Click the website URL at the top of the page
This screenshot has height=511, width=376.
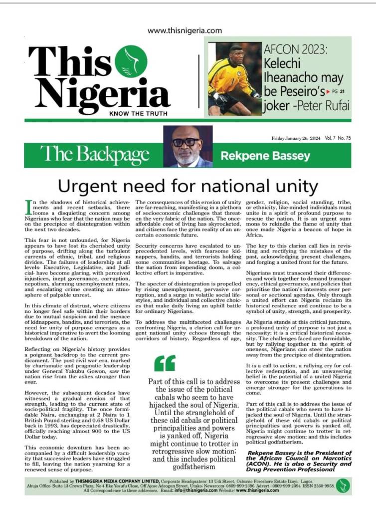(185, 30)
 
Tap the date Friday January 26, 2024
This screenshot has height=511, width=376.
(297, 138)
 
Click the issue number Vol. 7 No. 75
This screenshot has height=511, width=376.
(338, 138)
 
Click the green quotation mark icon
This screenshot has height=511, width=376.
(165, 363)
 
